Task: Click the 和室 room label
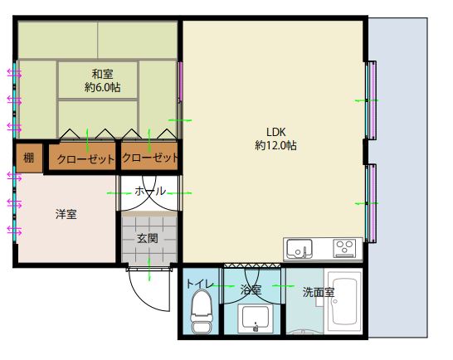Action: [102, 75]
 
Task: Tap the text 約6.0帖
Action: [103, 87]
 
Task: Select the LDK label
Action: [276, 132]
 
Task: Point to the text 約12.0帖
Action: [275, 145]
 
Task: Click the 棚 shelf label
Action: [28, 158]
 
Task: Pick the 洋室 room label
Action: [66, 214]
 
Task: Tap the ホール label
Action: [150, 191]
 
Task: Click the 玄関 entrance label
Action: [148, 239]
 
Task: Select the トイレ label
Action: [200, 284]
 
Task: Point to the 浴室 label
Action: [251, 289]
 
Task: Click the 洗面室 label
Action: [319, 292]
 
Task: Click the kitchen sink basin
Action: [300, 249]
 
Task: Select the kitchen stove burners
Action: [343, 248]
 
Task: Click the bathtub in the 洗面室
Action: [344, 301]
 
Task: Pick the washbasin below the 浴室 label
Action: [256, 318]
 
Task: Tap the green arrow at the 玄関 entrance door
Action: [149, 269]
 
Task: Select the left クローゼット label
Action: [85, 159]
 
